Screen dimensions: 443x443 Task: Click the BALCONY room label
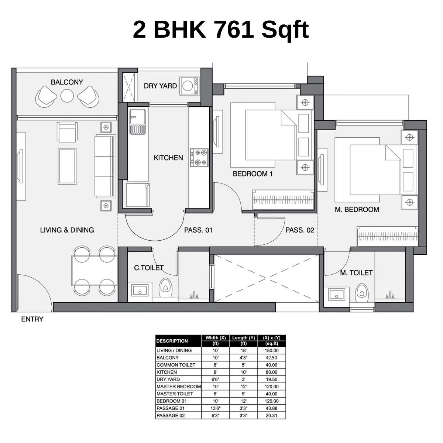pos(67,82)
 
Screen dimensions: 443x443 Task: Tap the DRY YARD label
pos(160,86)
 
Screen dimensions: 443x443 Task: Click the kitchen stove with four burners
pos(199,157)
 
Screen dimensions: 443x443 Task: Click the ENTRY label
pos(32,319)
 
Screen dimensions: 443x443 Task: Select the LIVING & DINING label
pos(67,230)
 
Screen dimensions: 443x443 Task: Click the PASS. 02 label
pos(299,230)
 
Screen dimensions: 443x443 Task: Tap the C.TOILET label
pos(149,268)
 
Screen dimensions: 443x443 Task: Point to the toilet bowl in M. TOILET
pos(362,292)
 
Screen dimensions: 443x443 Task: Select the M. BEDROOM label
pos(357,210)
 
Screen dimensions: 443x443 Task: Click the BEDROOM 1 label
pos(253,174)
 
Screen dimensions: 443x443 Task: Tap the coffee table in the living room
pos(67,166)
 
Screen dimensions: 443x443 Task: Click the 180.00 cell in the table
pos(271,351)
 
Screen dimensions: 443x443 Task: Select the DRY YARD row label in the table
pos(168,380)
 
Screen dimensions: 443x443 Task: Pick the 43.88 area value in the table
pos(271,408)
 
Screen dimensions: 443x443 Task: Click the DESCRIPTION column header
pos(172,341)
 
